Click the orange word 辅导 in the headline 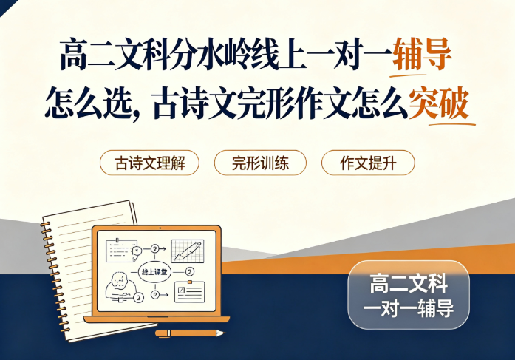tap(422, 55)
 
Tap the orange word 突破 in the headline tap(439, 103)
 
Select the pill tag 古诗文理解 tap(149, 163)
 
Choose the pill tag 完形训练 tap(260, 163)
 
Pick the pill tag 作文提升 tap(368, 163)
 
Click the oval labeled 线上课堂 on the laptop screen tap(154, 272)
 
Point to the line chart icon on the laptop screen tap(188, 251)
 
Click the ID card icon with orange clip tap(189, 291)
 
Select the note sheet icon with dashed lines tap(121, 251)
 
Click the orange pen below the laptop tap(190, 333)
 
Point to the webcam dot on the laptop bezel tap(160, 228)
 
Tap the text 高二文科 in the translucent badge tap(409, 284)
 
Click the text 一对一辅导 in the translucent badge tap(409, 308)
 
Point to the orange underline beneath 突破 tap(452, 124)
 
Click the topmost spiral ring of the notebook tap(46, 224)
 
